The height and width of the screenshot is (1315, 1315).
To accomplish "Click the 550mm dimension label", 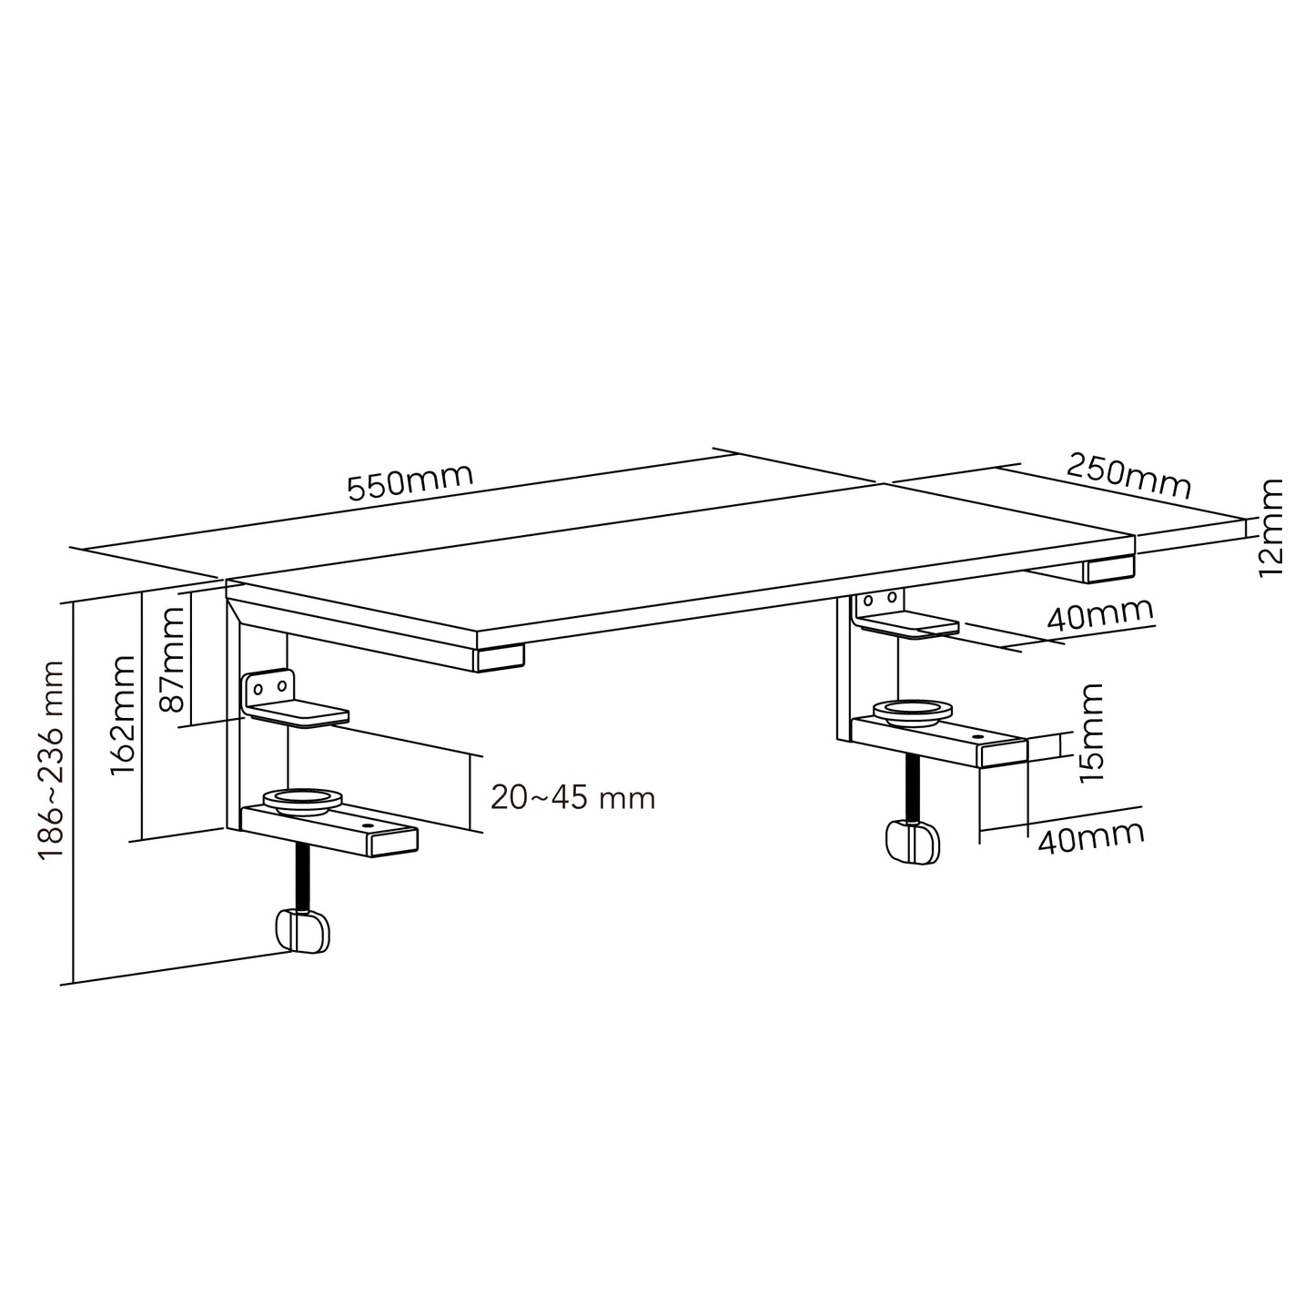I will tap(410, 482).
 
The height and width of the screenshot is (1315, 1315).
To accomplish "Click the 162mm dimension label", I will tap(123, 715).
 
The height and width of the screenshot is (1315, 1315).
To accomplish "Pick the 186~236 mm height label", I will tap(51, 760).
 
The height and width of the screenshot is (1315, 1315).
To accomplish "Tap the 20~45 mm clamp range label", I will tap(572, 798).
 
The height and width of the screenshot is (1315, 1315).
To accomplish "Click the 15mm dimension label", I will tap(1088, 733).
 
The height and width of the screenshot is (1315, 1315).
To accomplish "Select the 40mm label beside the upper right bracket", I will tap(1099, 616).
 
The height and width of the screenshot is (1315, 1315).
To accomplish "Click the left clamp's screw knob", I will tap(302, 930).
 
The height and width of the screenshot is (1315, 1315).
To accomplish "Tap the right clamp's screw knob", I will tap(912, 842).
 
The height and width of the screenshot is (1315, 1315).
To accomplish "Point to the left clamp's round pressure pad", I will tap(302, 801).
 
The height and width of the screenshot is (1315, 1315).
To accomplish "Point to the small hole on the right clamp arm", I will tap(977, 737).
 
